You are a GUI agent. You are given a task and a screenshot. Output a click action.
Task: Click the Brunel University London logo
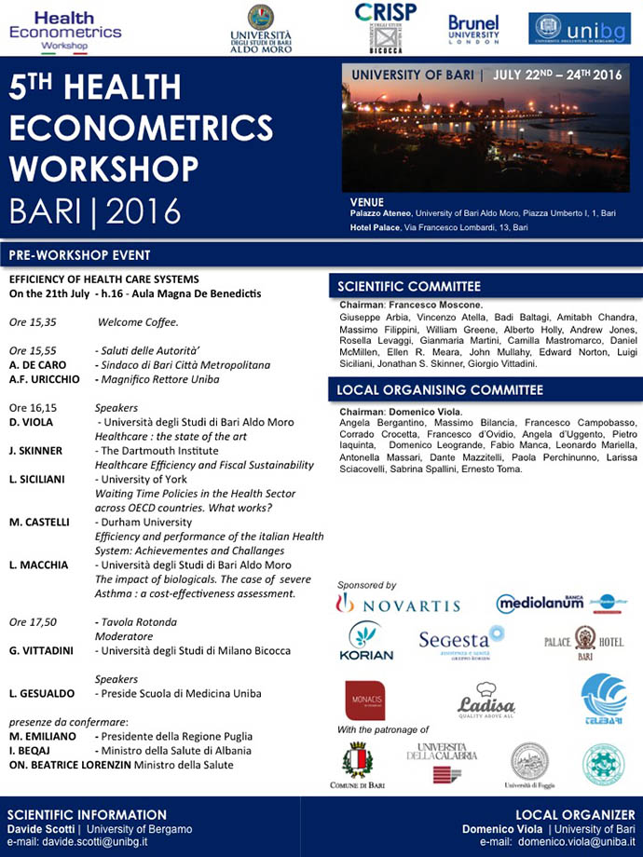pos(473,28)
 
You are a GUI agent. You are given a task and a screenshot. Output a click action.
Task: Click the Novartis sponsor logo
pos(398,605)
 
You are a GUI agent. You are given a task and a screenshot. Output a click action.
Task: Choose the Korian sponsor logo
pos(365,642)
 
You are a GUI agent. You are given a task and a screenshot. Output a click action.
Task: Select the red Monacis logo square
pos(364,701)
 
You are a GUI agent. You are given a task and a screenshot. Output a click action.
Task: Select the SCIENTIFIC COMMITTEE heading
pos(409,287)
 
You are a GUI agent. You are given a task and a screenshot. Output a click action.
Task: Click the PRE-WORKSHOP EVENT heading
pos(79,255)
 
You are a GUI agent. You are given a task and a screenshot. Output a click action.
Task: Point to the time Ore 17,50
pos(34,621)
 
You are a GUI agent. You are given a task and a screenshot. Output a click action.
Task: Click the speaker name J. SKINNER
pos(35,451)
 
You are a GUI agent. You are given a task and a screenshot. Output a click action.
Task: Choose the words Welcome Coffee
pos(138,321)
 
